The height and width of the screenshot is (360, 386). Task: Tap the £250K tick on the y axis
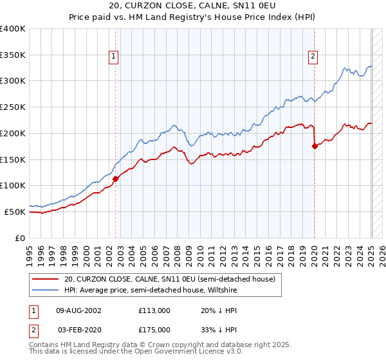click(13, 107)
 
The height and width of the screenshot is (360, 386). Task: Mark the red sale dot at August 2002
click(116, 179)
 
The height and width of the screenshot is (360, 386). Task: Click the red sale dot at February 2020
click(315, 146)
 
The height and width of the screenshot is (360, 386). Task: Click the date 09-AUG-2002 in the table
click(79, 310)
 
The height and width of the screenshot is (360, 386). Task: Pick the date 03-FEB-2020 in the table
click(79, 330)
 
